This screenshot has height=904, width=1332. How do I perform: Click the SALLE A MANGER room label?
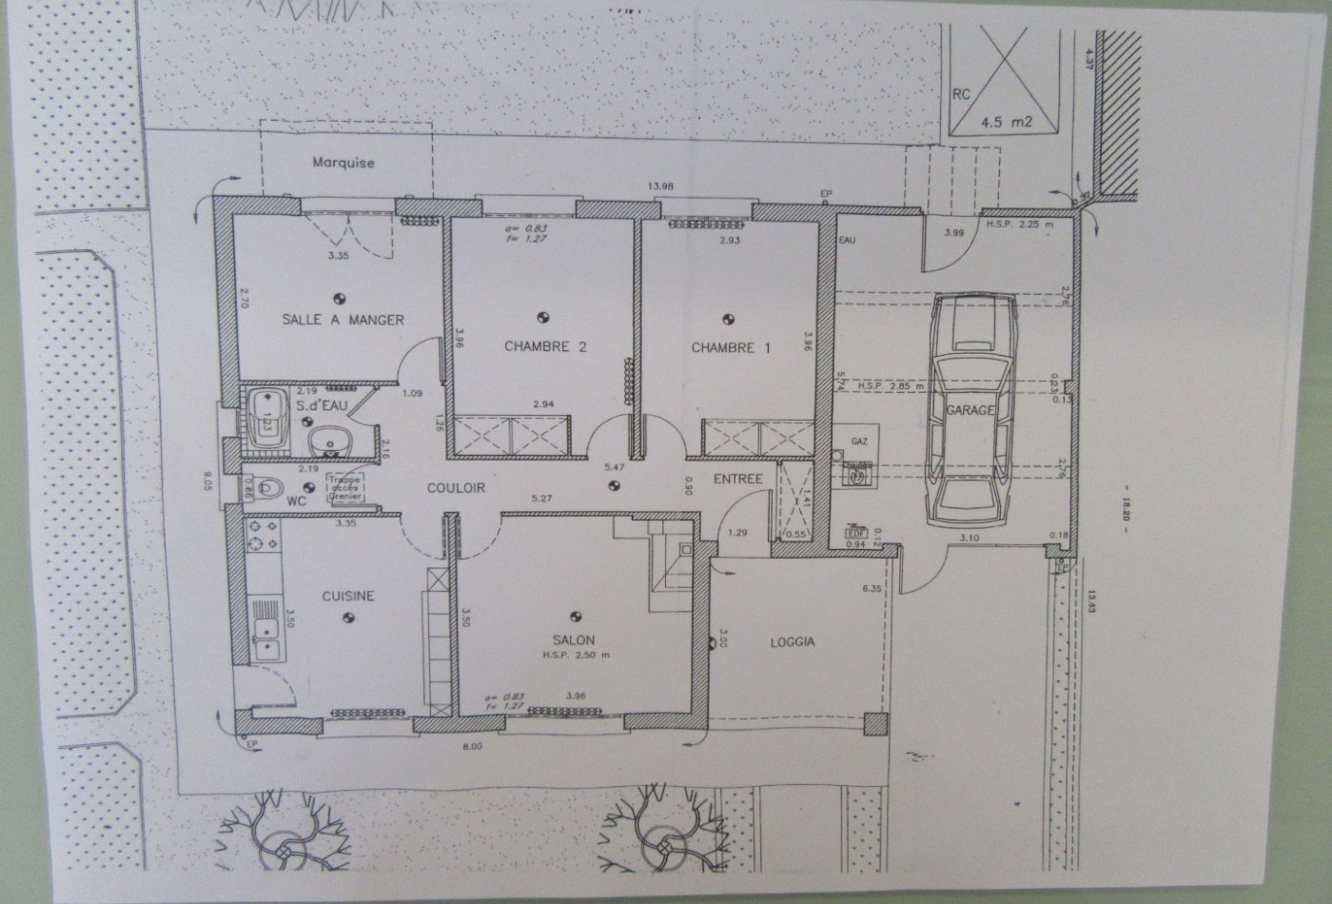click(x=343, y=320)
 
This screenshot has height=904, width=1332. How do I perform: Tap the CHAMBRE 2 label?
click(x=544, y=347)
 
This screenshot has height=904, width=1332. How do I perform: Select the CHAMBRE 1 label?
click(x=730, y=347)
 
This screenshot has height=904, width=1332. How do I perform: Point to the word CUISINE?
click(x=347, y=597)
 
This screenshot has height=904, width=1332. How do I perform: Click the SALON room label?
click(x=573, y=640)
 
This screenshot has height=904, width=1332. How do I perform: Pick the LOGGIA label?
click(x=792, y=642)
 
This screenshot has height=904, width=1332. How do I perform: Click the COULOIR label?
click(x=456, y=488)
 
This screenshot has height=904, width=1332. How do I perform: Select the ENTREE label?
click(x=738, y=479)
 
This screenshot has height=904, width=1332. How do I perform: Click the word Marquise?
click(x=343, y=163)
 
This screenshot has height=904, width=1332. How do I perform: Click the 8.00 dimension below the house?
click(x=473, y=747)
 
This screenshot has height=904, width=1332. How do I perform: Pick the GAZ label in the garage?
click(x=858, y=442)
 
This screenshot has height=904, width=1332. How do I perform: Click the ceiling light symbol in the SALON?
click(x=575, y=616)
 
